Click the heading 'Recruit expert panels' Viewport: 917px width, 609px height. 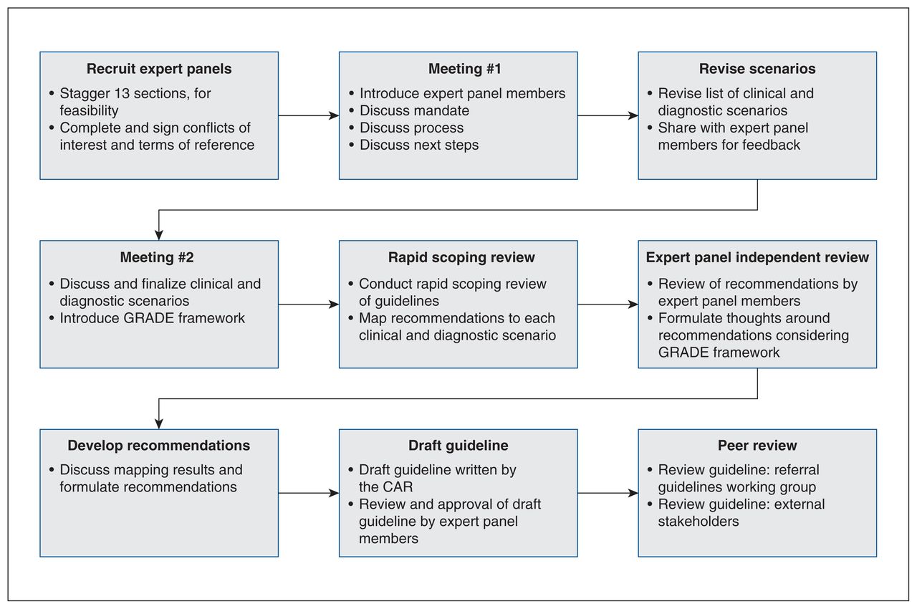pos(159,69)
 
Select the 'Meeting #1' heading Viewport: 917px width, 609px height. pos(465,69)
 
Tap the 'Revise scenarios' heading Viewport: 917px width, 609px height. pos(757,69)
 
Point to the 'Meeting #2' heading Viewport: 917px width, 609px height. pos(157,257)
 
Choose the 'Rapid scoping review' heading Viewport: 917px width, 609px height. pos(461,257)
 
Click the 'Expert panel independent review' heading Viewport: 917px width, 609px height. pos(757,257)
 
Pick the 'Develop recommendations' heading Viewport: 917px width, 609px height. pos(159,446)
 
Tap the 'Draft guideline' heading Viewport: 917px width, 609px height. pos(458,446)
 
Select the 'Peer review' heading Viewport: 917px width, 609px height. pos(757,446)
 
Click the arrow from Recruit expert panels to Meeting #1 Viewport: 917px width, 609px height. pos(309,115)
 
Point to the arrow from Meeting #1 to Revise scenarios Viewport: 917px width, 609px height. pos(608,115)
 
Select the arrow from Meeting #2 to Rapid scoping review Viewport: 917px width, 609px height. pos(309,304)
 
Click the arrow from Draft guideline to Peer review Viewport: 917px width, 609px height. pos(608,493)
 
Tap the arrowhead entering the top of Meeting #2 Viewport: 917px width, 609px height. pos(159,235)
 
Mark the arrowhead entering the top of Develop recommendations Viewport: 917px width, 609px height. pos(159,424)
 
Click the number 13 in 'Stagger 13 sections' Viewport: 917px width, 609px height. pos(122,93)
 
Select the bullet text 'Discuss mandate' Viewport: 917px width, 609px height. pos(414,110)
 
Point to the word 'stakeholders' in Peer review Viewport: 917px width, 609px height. pos(698,521)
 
